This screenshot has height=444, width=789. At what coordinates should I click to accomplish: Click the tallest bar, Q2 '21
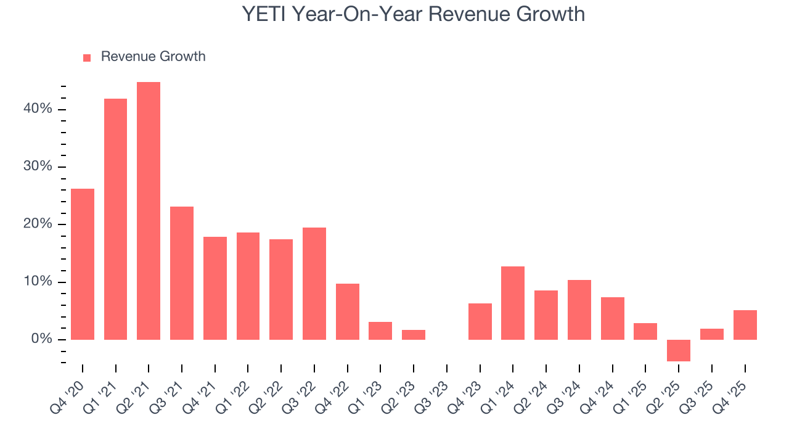149,211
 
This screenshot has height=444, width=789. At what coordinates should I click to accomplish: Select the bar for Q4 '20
83,264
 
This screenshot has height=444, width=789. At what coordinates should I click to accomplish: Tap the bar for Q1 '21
116,219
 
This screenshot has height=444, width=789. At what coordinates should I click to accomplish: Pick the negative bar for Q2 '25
679,350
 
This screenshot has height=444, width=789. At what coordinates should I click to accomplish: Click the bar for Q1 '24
513,303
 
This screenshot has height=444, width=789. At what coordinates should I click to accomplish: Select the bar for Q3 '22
314,284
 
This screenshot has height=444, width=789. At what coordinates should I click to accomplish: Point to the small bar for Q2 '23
414,335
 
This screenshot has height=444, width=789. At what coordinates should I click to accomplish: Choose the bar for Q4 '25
745,325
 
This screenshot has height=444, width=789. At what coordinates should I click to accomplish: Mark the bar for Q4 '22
347,311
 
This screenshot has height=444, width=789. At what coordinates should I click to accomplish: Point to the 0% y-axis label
43,339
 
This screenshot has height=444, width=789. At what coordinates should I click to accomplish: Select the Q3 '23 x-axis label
435,388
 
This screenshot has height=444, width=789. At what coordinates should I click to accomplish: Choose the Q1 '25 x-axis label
634,388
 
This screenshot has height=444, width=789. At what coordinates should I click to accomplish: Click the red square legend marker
87,57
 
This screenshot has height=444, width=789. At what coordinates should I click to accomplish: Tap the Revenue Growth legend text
153,57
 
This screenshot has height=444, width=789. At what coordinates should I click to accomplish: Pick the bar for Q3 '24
579,310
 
